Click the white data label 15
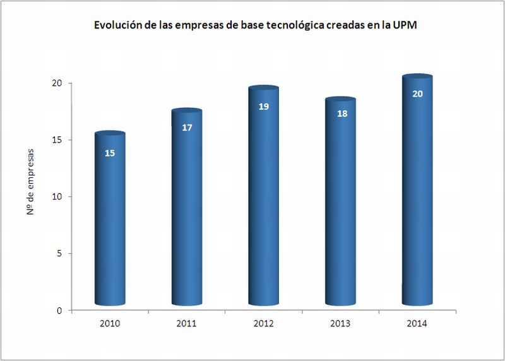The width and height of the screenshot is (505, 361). click(x=110, y=153)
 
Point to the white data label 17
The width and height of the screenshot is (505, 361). click(x=187, y=127)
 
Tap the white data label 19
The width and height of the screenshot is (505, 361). click(x=264, y=106)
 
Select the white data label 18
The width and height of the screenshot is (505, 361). click(x=341, y=114)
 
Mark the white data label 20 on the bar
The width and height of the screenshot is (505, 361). click(x=417, y=94)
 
